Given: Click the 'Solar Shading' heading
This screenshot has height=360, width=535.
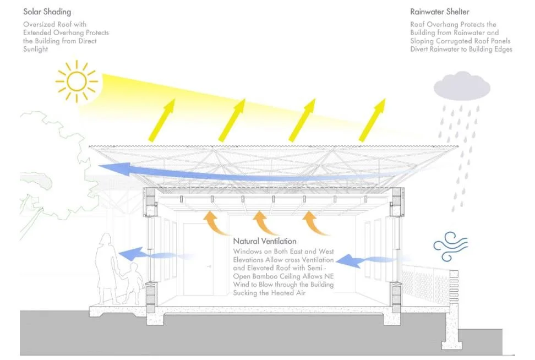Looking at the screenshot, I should pyautogui.click(x=47, y=12).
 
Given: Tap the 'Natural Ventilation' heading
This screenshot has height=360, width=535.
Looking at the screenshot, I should pyautogui.click(x=264, y=241).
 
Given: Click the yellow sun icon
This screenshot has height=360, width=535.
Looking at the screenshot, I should pyautogui.click(x=77, y=82).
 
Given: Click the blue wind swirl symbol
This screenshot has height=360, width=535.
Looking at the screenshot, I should pyautogui.click(x=450, y=244).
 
